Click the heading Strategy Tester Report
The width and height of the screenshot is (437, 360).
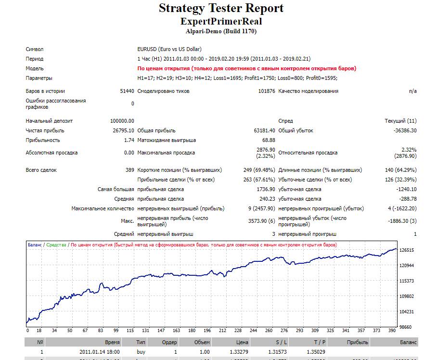coord(221,8)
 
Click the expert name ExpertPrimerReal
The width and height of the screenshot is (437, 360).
coord(221,21)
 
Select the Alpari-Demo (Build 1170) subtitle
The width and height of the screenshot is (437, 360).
coord(221,31)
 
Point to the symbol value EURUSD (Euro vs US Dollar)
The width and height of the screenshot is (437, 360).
coord(169,49)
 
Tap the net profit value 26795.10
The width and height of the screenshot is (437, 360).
coord(123,130)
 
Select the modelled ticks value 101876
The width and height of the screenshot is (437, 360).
coord(267,91)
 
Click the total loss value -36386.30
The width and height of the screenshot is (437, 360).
coord(405,130)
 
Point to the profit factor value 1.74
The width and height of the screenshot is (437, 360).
coord(129,140)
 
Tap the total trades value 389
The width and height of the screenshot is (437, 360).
coord(129,170)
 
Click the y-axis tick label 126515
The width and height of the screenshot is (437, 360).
coord(407,250)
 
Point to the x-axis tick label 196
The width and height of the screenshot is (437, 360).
coord(207,331)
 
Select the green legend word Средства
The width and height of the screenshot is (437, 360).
coord(56,245)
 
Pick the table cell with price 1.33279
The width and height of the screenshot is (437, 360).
coord(239,352)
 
